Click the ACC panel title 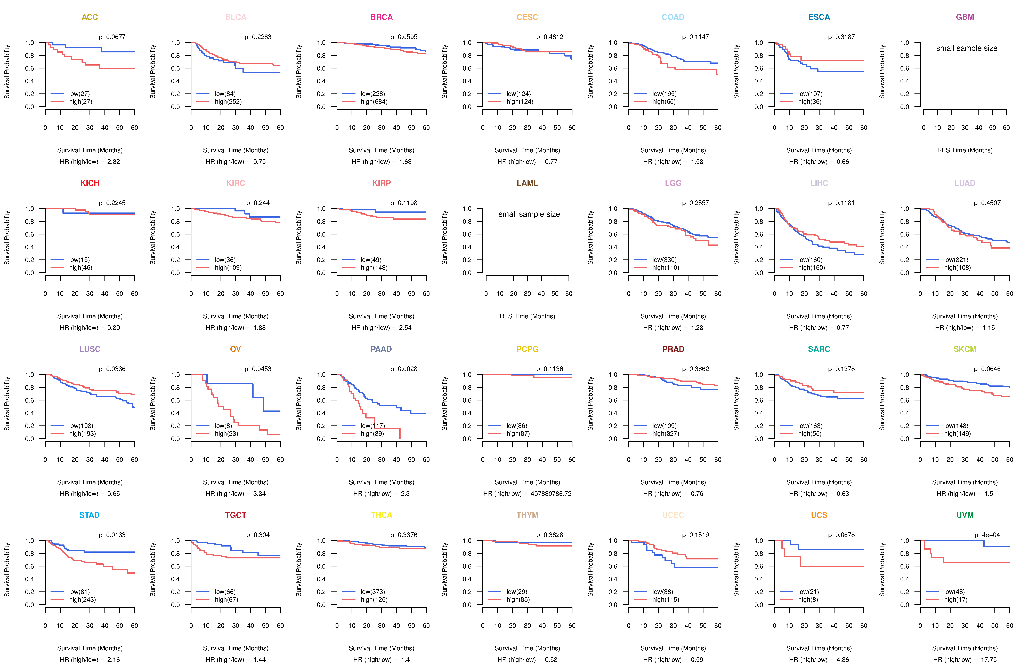[x=90, y=17]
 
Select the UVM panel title [x=965, y=515]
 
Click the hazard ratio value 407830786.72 [x=551, y=494]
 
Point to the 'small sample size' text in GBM [x=967, y=48]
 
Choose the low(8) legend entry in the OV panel [x=223, y=426]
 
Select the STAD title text [x=89, y=515]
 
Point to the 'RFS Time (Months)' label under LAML [x=527, y=316]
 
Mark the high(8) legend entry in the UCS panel [x=808, y=600]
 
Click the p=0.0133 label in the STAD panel [x=112, y=535]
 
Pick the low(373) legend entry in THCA [x=372, y=592]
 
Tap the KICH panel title [x=90, y=183]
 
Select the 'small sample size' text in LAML [x=529, y=214]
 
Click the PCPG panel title [x=527, y=349]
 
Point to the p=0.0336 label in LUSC [x=112, y=369]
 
